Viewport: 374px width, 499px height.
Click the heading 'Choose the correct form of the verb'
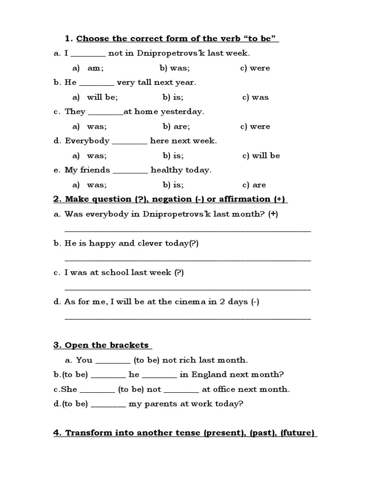click(x=177, y=38)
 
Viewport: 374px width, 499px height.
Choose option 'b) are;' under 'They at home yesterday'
click(x=176, y=126)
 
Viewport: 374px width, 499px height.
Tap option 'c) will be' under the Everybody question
click(x=261, y=155)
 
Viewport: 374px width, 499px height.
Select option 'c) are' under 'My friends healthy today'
click(x=253, y=185)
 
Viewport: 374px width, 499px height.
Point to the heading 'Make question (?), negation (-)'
click(x=170, y=199)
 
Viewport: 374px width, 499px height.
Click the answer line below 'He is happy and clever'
click(x=187, y=260)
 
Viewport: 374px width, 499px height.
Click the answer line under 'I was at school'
click(x=187, y=289)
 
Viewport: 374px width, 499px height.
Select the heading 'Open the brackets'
click(x=102, y=345)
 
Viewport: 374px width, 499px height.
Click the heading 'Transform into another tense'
click(x=185, y=433)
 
